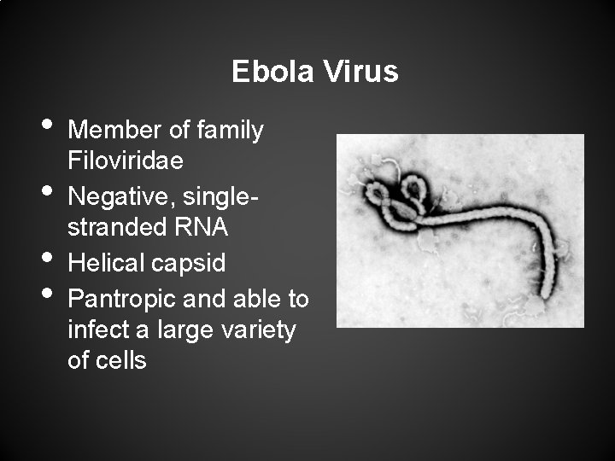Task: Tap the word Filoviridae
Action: tap(125, 160)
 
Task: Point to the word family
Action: tap(230, 131)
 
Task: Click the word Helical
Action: tap(106, 263)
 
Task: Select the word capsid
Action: tap(189, 263)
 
